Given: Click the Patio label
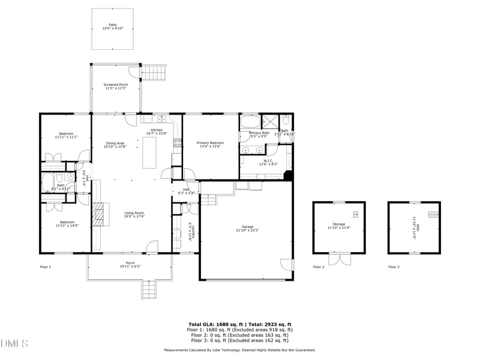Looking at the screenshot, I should (x=112, y=26).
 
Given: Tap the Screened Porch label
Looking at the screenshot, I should (x=116, y=86).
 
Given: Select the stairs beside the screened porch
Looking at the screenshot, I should (x=153, y=73).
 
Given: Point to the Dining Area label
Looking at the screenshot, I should (x=115, y=145).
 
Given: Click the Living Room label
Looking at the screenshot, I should (x=134, y=214).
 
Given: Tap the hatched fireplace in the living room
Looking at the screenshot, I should (x=98, y=214).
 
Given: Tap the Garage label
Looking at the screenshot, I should (x=247, y=228).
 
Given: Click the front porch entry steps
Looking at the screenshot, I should (x=150, y=291).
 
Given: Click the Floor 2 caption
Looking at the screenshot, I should (x=319, y=266).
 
